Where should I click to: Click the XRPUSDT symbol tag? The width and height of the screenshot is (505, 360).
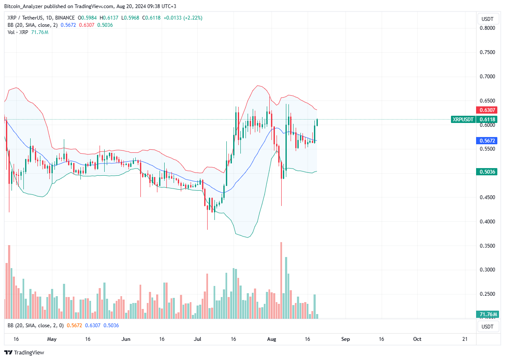(x=463, y=120)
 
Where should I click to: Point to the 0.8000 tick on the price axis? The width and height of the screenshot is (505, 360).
(x=487, y=28)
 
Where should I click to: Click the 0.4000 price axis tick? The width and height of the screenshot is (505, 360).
(x=487, y=222)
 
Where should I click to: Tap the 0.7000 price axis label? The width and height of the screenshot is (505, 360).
(x=487, y=77)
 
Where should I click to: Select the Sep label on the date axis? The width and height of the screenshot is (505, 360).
(x=345, y=339)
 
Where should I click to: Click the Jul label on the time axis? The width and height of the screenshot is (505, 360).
(x=198, y=339)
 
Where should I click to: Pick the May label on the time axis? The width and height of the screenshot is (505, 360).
(x=52, y=339)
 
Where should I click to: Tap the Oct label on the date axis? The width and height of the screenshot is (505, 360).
(x=417, y=339)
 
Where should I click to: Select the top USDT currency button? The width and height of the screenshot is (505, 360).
(x=487, y=19)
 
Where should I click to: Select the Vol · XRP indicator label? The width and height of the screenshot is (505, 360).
(x=17, y=32)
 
